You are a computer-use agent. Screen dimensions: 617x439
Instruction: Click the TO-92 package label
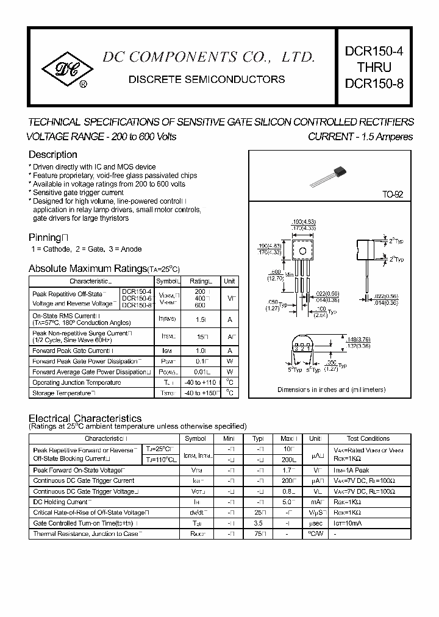tap(391, 195)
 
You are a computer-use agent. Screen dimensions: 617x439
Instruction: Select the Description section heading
tap(53, 155)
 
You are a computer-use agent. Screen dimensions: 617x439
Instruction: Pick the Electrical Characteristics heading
tap(85, 418)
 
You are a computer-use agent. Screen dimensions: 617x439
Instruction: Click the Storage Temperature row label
tap(63, 393)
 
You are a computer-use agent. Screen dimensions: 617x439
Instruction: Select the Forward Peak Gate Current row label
tap(72, 351)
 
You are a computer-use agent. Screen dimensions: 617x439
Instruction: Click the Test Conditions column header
tap(368, 438)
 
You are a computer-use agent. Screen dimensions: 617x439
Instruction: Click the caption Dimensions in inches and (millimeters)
tap(331, 390)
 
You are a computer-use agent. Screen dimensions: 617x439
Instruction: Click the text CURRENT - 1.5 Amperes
tap(360, 137)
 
